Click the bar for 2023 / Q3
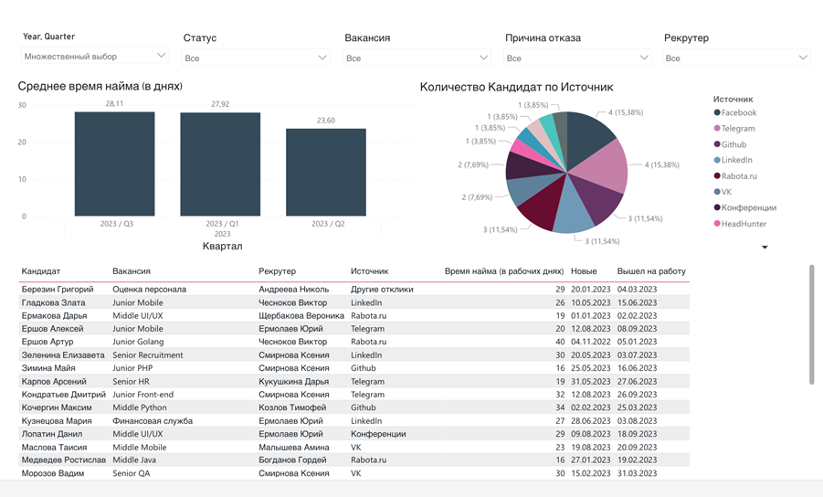pos(114,164)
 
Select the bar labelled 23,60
pos(326,173)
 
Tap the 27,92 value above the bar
pos(220,104)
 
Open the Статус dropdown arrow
pos(322,58)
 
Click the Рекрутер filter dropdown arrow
pos(803,58)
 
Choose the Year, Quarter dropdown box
pos(95,57)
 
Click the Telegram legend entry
pos(738,129)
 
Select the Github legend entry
pos(733,144)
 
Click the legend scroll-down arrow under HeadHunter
pos(765,248)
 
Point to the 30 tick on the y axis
pos(22,105)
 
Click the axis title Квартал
pos(222,247)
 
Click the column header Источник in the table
pos(369,271)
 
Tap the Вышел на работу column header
pos(651,271)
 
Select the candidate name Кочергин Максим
pos(57,407)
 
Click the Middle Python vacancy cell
pos(140,407)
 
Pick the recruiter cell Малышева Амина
pos(293,448)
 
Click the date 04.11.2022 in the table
pos(590,342)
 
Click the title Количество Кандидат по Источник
pos(516,88)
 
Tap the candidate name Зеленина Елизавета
pos(63,355)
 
